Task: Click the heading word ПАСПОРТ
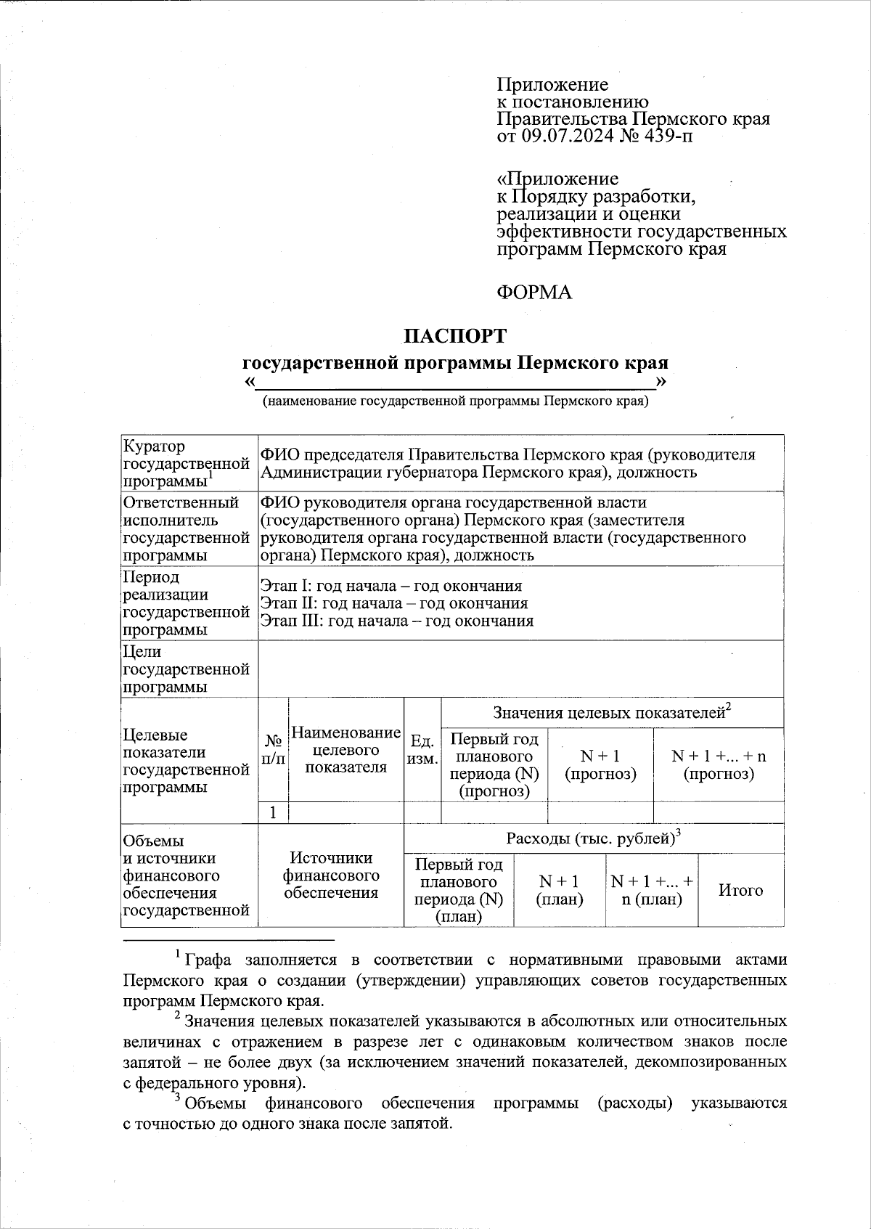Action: [455, 336]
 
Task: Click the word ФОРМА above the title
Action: [533, 293]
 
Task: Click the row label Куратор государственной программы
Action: [188, 463]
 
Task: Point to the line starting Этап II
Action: [393, 603]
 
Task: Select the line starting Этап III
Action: [396, 621]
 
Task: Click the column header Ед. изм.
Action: [422, 749]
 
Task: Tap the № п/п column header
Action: [273, 749]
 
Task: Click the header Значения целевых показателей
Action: [611, 712]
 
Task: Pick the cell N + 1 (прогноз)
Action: [600, 764]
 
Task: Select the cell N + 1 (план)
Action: [559, 890]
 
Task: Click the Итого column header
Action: [740, 890]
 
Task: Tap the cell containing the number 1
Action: [273, 812]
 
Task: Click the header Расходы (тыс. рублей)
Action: [593, 838]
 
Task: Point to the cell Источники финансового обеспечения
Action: [331, 875]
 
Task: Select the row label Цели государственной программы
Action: [188, 669]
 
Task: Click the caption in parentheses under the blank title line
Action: [455, 401]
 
